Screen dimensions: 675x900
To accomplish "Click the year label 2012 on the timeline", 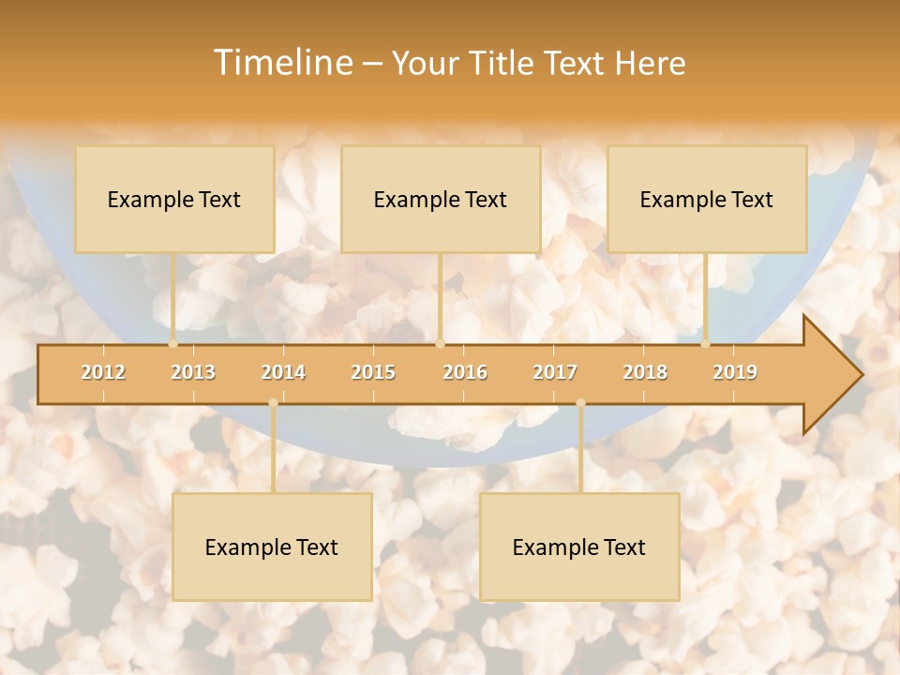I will [103, 372].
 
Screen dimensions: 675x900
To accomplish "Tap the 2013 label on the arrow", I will [193, 372].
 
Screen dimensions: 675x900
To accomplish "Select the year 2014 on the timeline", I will [283, 372].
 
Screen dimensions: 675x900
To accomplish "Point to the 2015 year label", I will [373, 372].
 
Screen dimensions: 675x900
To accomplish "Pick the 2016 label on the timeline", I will [465, 372].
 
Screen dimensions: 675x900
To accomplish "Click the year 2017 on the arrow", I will [555, 372].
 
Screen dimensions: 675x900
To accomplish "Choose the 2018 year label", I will [645, 372].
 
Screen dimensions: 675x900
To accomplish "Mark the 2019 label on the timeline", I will [735, 372].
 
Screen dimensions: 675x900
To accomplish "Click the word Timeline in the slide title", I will [281, 63].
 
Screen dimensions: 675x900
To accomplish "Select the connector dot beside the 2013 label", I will [172, 344].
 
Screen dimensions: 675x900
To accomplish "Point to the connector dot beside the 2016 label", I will [440, 344].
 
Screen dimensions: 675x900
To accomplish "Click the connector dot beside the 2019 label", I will [706, 344].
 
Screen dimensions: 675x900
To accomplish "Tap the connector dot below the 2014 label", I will [273, 403].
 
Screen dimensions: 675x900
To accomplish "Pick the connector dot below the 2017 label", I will [580, 403].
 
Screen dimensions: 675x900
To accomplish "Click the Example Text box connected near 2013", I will [174, 199].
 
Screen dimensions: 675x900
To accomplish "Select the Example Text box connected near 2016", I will [441, 199].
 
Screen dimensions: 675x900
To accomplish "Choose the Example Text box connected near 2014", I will [272, 547].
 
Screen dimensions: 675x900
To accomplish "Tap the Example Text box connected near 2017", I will [579, 547].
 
